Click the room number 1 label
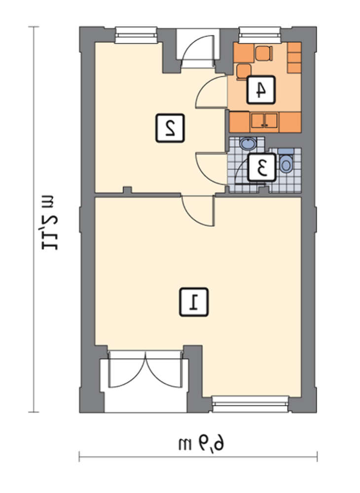pyautogui.click(x=194, y=302)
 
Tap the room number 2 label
pyautogui.click(x=170, y=128)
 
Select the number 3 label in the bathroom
pyautogui.click(x=262, y=167)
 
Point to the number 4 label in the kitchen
pyautogui.click(x=261, y=90)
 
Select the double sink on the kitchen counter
pyautogui.click(x=264, y=122)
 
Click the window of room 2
pyautogui.click(x=136, y=35)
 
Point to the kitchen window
pyautogui.click(x=259, y=35)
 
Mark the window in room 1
pyautogui.click(x=250, y=404)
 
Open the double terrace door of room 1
pyautogui.click(x=145, y=369)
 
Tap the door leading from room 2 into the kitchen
pyautogui.click(x=211, y=92)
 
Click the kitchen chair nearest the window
pyautogui.click(x=263, y=53)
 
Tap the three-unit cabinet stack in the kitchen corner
pyautogui.click(x=294, y=58)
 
